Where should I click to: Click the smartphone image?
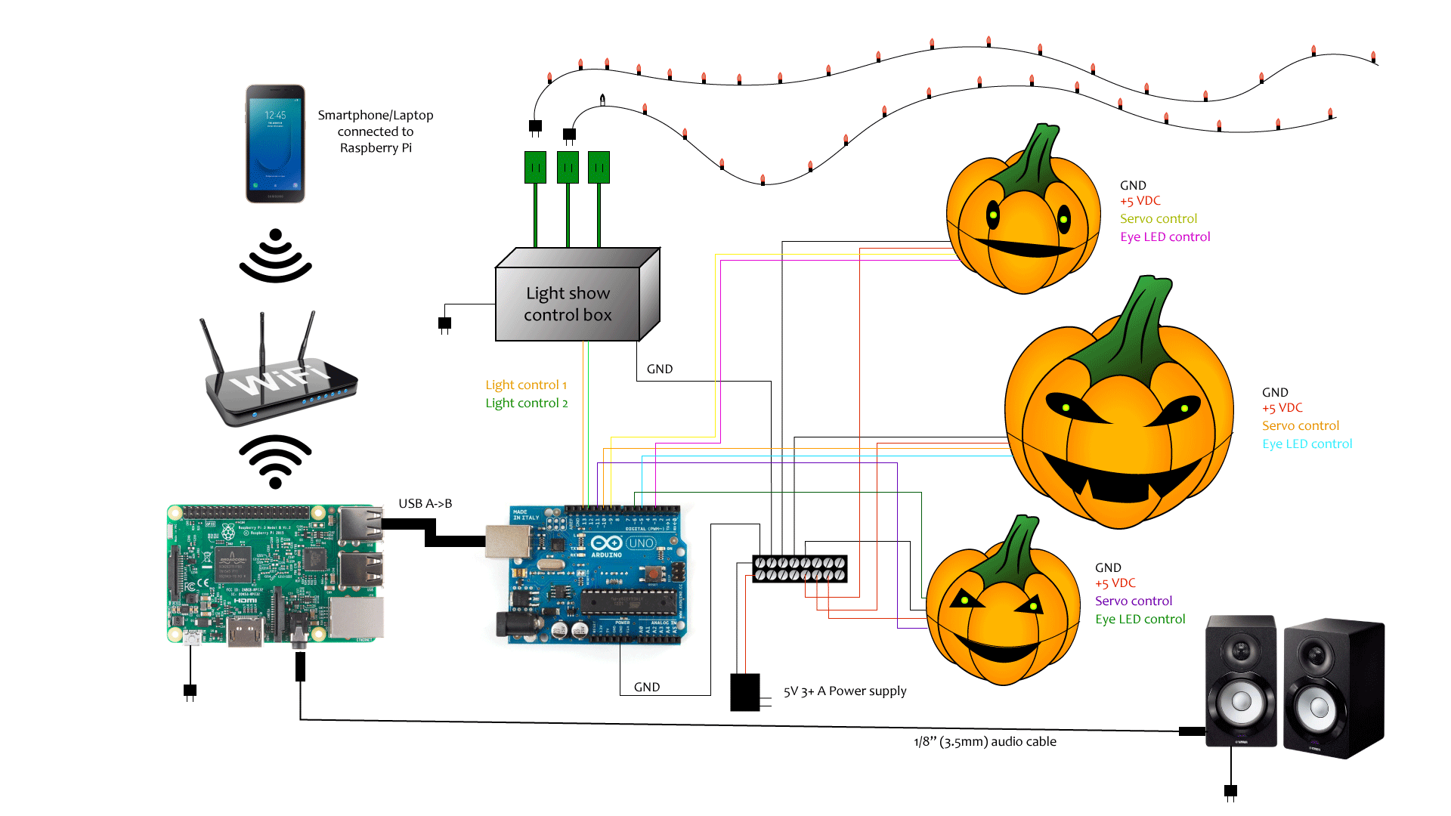tap(275, 144)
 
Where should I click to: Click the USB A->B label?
tap(425, 504)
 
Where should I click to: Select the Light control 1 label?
tap(526, 385)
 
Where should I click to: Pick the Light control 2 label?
tap(526, 403)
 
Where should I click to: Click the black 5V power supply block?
tap(744, 692)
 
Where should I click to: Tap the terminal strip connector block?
tap(800, 569)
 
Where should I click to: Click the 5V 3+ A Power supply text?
tap(844, 691)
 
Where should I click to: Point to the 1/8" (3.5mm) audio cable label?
tap(985, 742)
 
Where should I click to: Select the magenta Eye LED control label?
tap(1165, 237)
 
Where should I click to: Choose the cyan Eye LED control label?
tap(1307, 444)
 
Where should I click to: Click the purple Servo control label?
tap(1133, 601)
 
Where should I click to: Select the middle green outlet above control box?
tap(568, 167)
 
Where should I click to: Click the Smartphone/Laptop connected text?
tap(375, 131)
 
